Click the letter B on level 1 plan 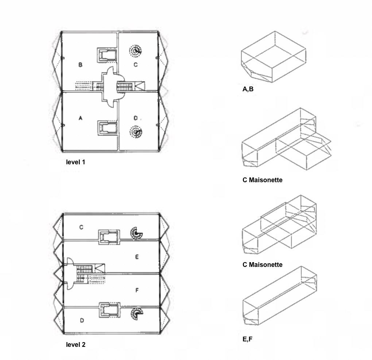[x=80, y=65]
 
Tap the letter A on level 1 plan [x=80, y=118]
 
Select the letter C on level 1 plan [x=135, y=65]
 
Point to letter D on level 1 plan [x=135, y=118]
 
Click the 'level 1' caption [x=75, y=162]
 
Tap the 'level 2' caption [x=75, y=344]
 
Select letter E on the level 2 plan [x=136, y=257]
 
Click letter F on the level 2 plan [x=136, y=290]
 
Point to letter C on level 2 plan [x=81, y=227]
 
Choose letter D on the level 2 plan [x=82, y=320]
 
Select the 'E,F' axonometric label [x=247, y=339]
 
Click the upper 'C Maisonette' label [x=262, y=180]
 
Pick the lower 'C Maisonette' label [x=262, y=265]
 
